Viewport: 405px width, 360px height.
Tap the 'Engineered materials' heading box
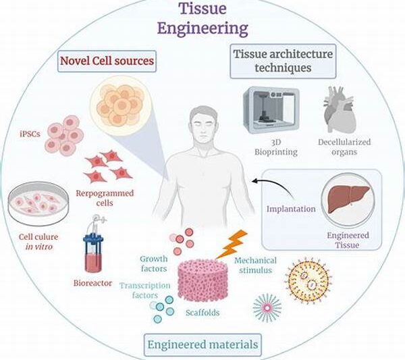pyautogui.click(x=202, y=345)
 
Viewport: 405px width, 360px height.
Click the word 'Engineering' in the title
pyautogui.click(x=202, y=29)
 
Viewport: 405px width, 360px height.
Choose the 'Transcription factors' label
pyautogui.click(x=149, y=290)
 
